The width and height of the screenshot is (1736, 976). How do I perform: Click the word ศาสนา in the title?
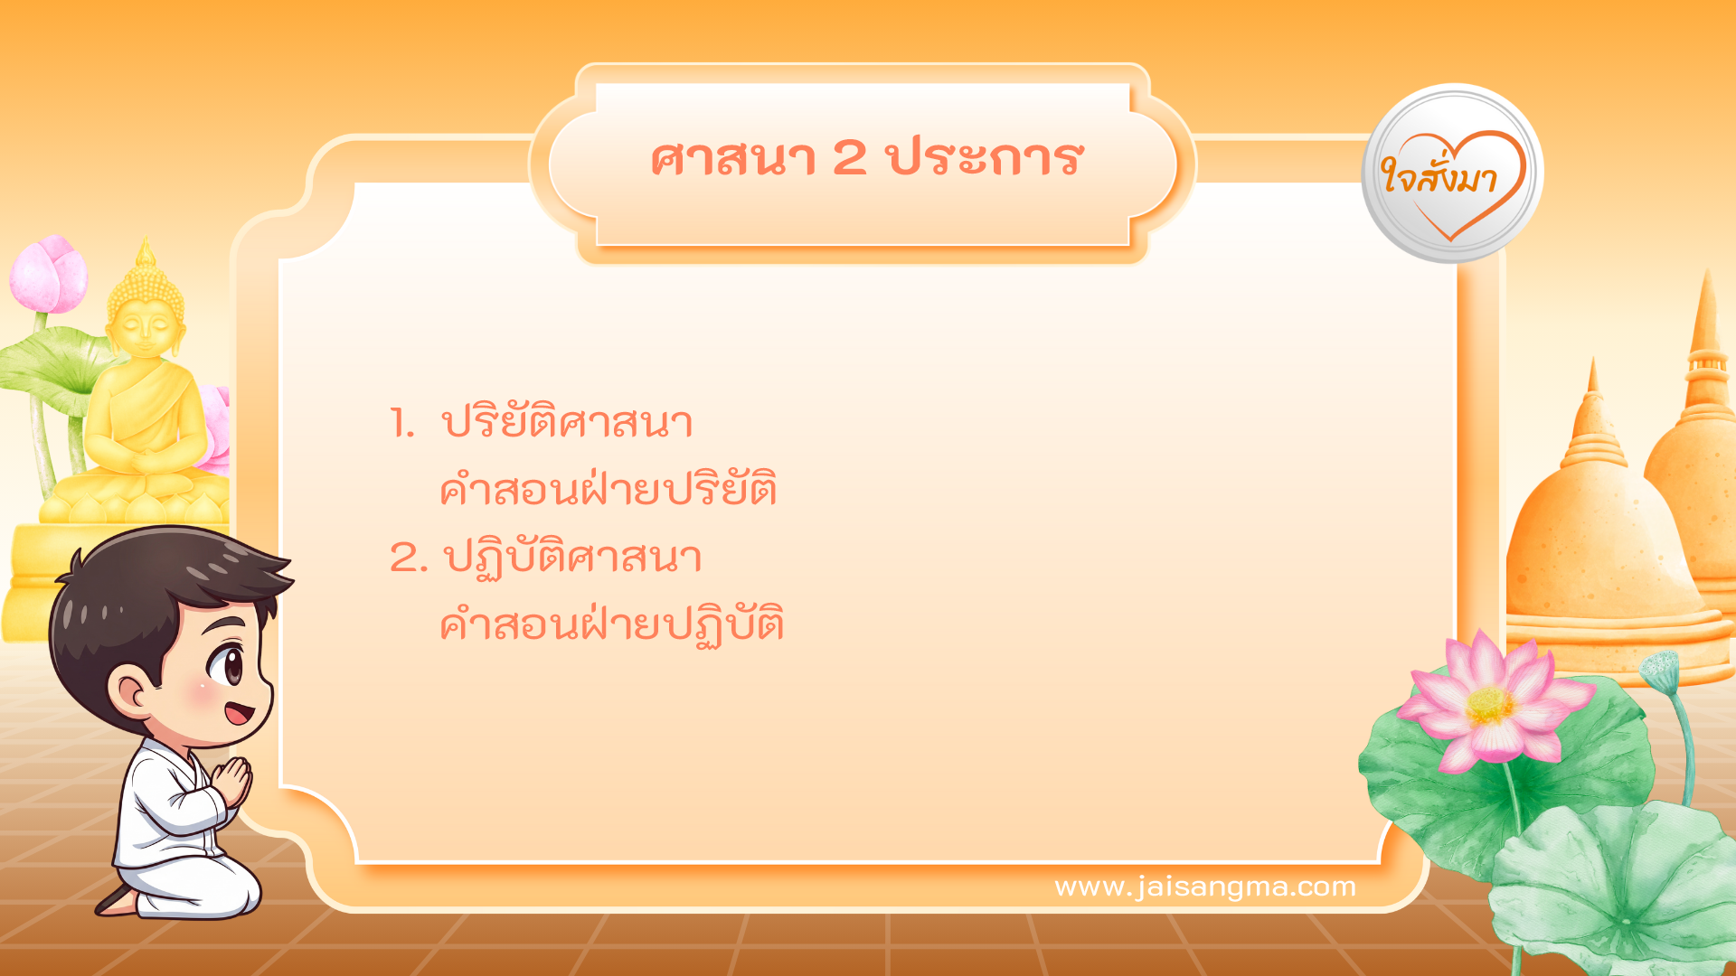point(732,159)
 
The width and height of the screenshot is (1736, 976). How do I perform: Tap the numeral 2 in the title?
point(849,159)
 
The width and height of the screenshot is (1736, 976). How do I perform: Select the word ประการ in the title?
point(985,159)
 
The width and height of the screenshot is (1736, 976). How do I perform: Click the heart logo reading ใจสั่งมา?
point(1452,174)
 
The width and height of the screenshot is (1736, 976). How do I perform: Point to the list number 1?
point(401,423)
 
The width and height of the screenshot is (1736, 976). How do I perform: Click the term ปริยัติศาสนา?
point(567,421)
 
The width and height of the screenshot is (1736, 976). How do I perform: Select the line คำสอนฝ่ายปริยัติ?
point(608,489)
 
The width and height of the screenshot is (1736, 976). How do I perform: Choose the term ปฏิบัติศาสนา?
point(572,558)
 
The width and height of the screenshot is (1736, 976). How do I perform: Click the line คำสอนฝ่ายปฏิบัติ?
point(611,624)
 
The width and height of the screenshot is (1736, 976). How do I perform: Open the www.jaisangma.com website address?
point(1204,887)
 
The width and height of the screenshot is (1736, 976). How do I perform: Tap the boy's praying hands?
point(234,781)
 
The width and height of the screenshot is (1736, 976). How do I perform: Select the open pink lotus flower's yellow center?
point(1490,706)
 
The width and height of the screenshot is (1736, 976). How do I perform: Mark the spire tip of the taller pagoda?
point(1707,276)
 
